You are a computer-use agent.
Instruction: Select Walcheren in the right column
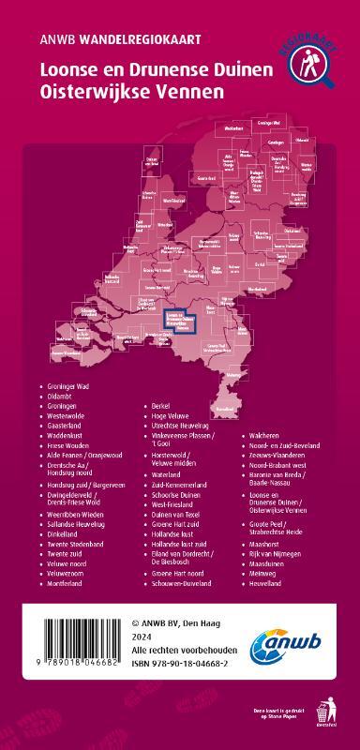click(x=267, y=436)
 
